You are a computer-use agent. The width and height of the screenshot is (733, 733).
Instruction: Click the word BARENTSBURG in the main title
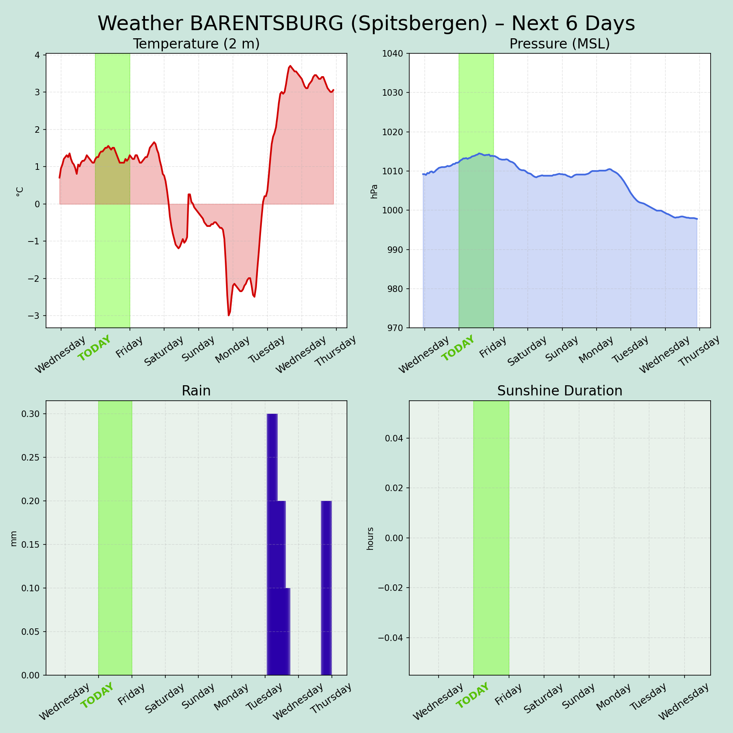click(x=267, y=24)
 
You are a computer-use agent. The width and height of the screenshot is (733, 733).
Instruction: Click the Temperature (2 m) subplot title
click(x=196, y=44)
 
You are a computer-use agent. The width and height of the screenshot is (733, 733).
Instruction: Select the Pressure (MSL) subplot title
click(x=560, y=44)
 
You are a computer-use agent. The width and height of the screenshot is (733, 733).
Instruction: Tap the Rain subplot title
click(x=196, y=391)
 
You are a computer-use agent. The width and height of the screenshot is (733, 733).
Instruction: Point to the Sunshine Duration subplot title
click(x=560, y=391)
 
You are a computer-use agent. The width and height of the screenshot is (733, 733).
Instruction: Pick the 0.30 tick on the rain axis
click(x=31, y=414)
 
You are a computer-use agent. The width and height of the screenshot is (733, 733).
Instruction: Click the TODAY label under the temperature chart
click(x=94, y=349)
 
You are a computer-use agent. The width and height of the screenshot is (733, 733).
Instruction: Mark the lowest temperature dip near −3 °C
click(x=229, y=315)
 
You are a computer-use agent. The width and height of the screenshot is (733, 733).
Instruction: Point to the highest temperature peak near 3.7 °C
click(x=290, y=66)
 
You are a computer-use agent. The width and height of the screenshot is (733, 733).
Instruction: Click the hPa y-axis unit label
click(x=374, y=191)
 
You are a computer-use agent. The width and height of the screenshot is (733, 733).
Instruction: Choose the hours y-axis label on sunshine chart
click(x=370, y=539)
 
